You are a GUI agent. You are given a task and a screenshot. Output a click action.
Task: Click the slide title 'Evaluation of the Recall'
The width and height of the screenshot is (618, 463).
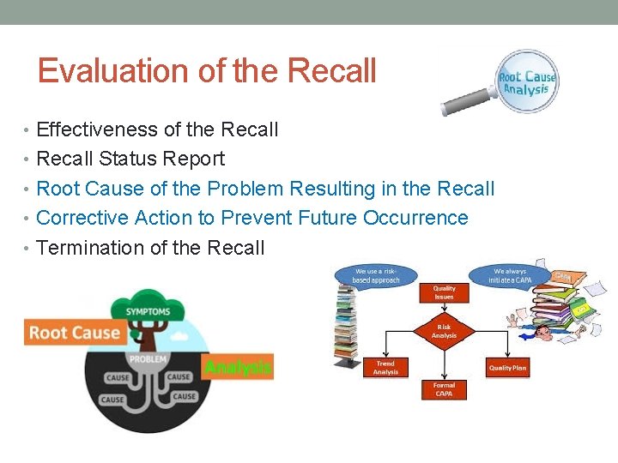pyautogui.click(x=207, y=71)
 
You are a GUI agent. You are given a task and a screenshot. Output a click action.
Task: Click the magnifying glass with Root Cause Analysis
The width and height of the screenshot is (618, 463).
pyautogui.click(x=526, y=82)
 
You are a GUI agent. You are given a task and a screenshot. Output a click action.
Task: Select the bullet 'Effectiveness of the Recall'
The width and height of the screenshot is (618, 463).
pyautogui.click(x=158, y=129)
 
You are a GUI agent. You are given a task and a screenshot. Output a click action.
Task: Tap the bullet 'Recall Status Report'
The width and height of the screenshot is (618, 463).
pyautogui.click(x=131, y=159)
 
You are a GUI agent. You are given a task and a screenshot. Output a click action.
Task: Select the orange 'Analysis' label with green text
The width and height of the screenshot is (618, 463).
pyautogui.click(x=237, y=367)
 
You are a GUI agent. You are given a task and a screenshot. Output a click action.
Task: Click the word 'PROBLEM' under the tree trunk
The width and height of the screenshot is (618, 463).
pyautogui.click(x=148, y=358)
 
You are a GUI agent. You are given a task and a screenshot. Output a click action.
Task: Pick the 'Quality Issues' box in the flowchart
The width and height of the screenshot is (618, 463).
pyautogui.click(x=444, y=293)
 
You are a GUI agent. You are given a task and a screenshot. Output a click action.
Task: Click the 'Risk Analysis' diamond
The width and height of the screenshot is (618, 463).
pyautogui.click(x=444, y=331)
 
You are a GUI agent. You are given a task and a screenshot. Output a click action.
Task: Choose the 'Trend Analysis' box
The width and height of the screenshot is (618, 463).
pyautogui.click(x=385, y=367)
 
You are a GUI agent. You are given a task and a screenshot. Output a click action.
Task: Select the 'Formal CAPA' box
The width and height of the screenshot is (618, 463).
pyautogui.click(x=444, y=389)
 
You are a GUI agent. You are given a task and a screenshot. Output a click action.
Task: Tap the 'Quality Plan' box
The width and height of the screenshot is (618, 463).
pyautogui.click(x=507, y=367)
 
